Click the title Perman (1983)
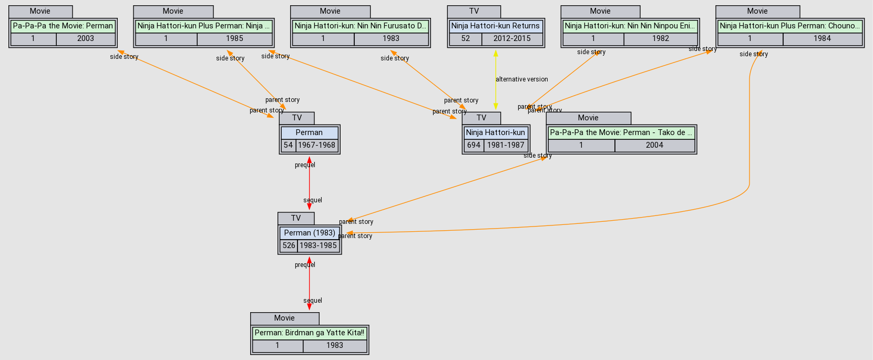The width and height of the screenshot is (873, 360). (x=310, y=233)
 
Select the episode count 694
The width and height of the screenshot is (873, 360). (x=474, y=145)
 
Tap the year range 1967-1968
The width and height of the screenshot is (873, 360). (x=316, y=145)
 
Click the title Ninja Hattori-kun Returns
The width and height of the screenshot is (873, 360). (x=495, y=26)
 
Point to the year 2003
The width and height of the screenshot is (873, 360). (x=85, y=38)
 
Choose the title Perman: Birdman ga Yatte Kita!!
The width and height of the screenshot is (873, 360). (x=309, y=333)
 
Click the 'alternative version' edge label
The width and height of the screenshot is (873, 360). (x=521, y=79)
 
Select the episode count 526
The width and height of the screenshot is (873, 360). (x=289, y=245)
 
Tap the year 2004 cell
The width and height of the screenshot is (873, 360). (x=654, y=145)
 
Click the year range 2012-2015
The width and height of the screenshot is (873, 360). (x=512, y=38)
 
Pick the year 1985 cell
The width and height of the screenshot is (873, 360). (x=234, y=38)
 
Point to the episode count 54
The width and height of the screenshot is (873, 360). (x=288, y=145)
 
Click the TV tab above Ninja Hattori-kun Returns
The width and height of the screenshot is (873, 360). (x=474, y=11)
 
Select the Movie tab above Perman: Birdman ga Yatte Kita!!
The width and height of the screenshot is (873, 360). (x=284, y=318)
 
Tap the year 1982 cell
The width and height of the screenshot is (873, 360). (x=661, y=38)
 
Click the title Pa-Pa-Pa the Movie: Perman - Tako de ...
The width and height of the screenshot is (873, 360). (x=621, y=132)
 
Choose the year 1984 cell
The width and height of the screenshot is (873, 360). (x=822, y=38)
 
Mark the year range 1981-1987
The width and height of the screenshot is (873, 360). (x=506, y=145)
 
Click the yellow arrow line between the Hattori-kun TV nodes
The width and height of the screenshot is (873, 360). (x=496, y=95)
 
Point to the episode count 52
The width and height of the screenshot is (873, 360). (x=465, y=38)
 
